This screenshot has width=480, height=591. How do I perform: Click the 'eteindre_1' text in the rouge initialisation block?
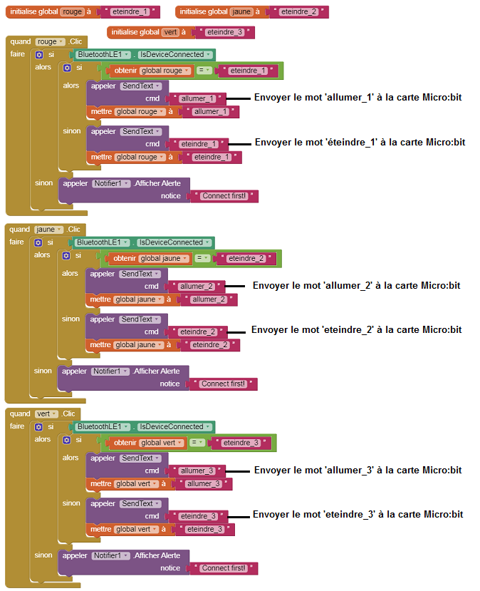pyautogui.click(x=130, y=11)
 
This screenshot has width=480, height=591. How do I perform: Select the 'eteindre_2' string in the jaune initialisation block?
pyautogui.click(x=299, y=11)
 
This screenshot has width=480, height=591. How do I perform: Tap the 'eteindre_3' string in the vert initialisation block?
pyautogui.click(x=225, y=32)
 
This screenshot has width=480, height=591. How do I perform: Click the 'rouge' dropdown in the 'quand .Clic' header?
pyautogui.click(x=51, y=41)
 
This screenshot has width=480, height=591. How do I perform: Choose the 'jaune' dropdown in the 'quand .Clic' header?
pyautogui.click(x=49, y=229)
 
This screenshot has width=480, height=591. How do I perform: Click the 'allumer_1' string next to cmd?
pyautogui.click(x=198, y=98)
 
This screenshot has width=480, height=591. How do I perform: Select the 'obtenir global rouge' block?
pyautogui.click(x=150, y=71)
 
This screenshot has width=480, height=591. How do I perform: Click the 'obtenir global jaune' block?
pyautogui.click(x=149, y=258)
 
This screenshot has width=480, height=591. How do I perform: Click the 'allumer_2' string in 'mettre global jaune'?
pyautogui.click(x=209, y=299)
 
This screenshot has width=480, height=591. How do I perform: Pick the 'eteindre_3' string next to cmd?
pyautogui.click(x=198, y=516)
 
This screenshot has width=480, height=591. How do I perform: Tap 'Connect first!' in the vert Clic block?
pyautogui.click(x=224, y=568)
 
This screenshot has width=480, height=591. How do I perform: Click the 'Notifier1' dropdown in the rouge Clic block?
pyautogui.click(x=111, y=183)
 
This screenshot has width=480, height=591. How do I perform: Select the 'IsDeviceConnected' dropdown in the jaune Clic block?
pyautogui.click(x=174, y=242)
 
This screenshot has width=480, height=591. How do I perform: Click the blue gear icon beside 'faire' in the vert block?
pyautogui.click(x=38, y=426)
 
